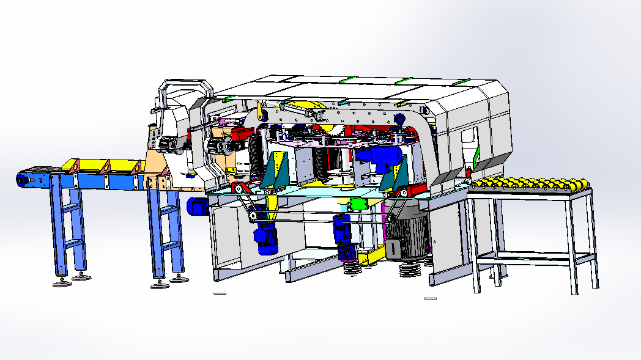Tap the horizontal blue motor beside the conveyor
tap(198, 207)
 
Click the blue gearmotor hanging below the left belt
tap(266, 235)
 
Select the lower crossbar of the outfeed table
tap(535, 258)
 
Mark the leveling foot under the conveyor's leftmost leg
tap(60, 283)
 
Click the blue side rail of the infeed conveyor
tap(92, 182)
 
